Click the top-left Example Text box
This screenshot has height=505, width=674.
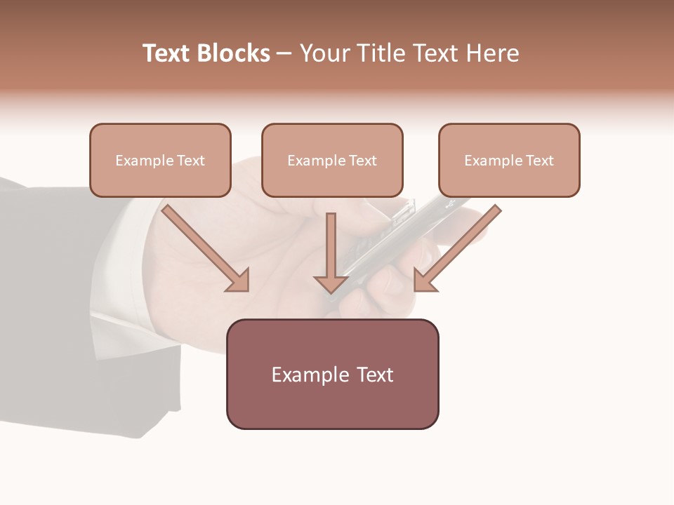pyautogui.click(x=160, y=160)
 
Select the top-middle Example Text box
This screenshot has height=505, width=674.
pyautogui.click(x=332, y=160)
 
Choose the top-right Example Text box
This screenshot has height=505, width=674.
pyautogui.click(x=509, y=160)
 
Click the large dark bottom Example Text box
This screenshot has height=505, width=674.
pyautogui.click(x=332, y=374)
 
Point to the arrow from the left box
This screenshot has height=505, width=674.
pyautogui.click(x=204, y=245)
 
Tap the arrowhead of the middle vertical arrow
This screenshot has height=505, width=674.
pyautogui.click(x=331, y=283)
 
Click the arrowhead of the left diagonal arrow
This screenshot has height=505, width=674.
pyautogui.click(x=239, y=281)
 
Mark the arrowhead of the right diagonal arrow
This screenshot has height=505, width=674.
pyautogui.click(x=424, y=281)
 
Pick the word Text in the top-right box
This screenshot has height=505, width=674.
pyautogui.click(x=539, y=161)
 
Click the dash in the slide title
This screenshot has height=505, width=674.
pyautogui.click(x=284, y=53)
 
